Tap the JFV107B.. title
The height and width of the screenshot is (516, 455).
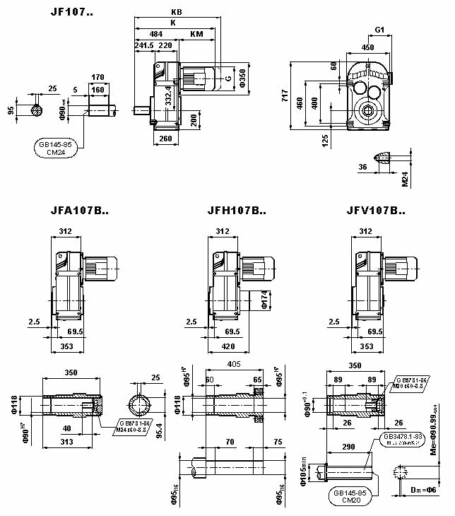pyautogui.click(x=377, y=211)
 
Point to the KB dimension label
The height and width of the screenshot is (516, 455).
pyautogui.click(x=176, y=12)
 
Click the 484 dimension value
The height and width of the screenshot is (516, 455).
pyautogui.click(x=156, y=33)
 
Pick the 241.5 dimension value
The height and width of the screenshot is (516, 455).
pyautogui.click(x=144, y=45)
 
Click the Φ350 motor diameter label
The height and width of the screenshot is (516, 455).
pyautogui.click(x=242, y=77)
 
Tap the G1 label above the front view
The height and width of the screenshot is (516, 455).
pyautogui.click(x=379, y=30)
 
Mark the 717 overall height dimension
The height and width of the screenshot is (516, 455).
pyautogui.click(x=285, y=96)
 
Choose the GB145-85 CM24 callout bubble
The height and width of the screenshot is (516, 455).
pyautogui.click(x=58, y=147)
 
